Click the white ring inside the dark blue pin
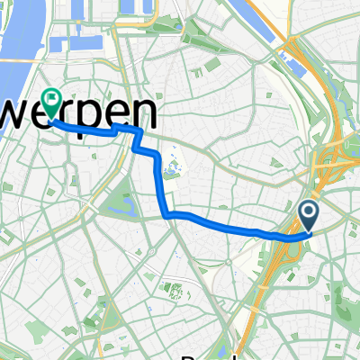click(x=308, y=212)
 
